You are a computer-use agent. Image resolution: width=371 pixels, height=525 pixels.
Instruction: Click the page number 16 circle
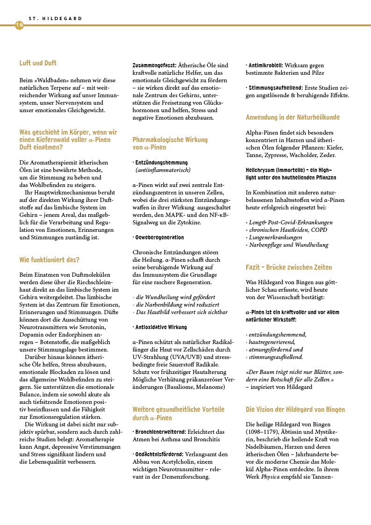pyautogui.click(x=19, y=25)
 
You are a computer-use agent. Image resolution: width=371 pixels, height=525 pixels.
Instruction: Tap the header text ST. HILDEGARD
pyautogui.click(x=55, y=19)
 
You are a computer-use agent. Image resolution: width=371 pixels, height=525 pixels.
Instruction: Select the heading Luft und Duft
pyautogui.click(x=38, y=63)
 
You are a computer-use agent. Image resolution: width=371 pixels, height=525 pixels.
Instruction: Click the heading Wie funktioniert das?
pyautogui.click(x=49, y=259)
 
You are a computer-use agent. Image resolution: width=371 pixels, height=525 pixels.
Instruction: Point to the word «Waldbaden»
pyautogui.click(x=48, y=80)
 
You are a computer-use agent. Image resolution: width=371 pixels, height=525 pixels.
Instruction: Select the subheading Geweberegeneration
pyautogui.click(x=159, y=237)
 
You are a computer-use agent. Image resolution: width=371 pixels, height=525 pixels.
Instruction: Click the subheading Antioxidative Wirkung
pyautogui.click(x=161, y=327)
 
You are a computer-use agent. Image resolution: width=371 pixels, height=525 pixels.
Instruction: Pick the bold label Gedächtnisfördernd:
pyautogui.click(x=158, y=454)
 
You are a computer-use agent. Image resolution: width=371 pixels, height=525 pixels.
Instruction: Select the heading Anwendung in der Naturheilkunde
pyautogui.click(x=293, y=117)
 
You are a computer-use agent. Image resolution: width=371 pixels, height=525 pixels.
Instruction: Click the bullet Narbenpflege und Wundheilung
pyautogui.click(x=288, y=245)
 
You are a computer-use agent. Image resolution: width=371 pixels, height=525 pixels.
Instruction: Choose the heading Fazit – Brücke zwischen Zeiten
pyautogui.click(x=289, y=267)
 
